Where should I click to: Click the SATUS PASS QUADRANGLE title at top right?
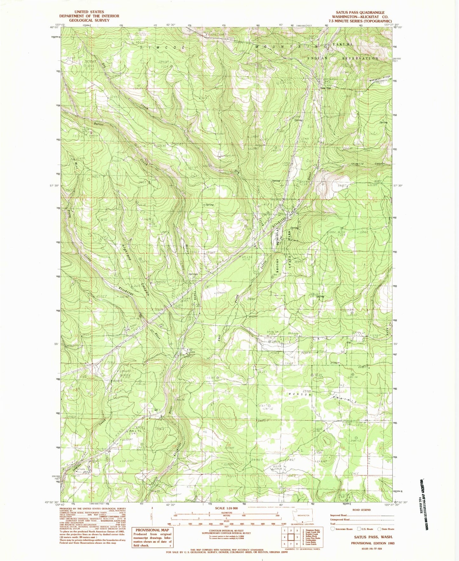click(x=358, y=13)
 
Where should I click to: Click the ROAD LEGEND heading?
click(x=361, y=510)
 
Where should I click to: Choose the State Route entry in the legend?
click(x=385, y=529)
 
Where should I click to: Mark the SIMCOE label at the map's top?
click(x=152, y=47)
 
